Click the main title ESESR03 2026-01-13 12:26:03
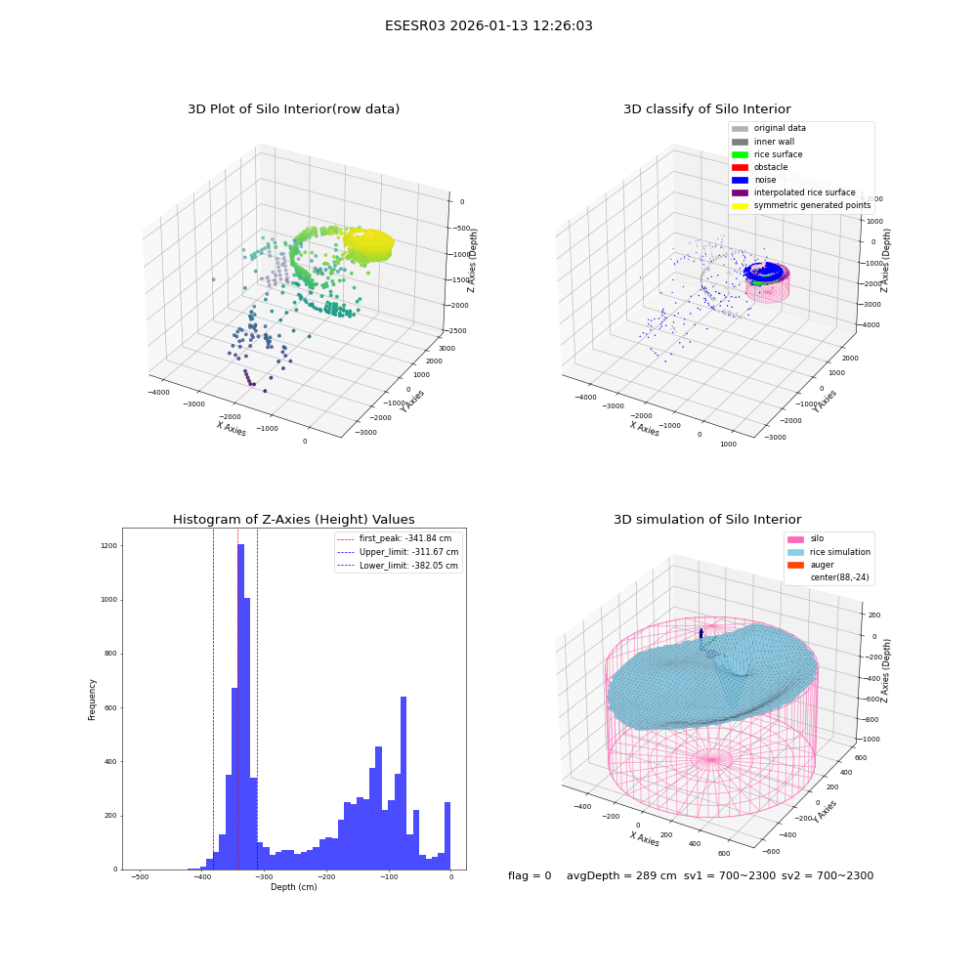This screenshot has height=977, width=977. (488, 25)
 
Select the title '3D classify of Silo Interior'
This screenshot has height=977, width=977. (707, 109)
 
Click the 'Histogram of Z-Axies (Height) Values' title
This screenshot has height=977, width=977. (293, 519)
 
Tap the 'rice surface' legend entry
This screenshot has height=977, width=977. (766, 154)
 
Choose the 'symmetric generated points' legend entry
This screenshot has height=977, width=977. (801, 205)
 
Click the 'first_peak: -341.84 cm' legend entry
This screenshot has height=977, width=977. (394, 538)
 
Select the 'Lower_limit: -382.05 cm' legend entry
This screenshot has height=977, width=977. (398, 566)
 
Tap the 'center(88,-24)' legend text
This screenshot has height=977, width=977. (839, 577)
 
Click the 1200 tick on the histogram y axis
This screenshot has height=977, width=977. (108, 545)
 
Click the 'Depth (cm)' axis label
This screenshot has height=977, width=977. (293, 887)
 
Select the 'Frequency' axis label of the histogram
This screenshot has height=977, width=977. (92, 700)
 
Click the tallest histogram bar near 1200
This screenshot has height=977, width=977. (240, 707)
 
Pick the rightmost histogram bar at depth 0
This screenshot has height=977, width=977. (446, 836)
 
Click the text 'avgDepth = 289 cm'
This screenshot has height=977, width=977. (621, 875)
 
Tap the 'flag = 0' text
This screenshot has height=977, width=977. (530, 875)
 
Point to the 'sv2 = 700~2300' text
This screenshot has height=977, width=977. (828, 875)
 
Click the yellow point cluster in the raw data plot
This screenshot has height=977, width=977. (369, 244)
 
